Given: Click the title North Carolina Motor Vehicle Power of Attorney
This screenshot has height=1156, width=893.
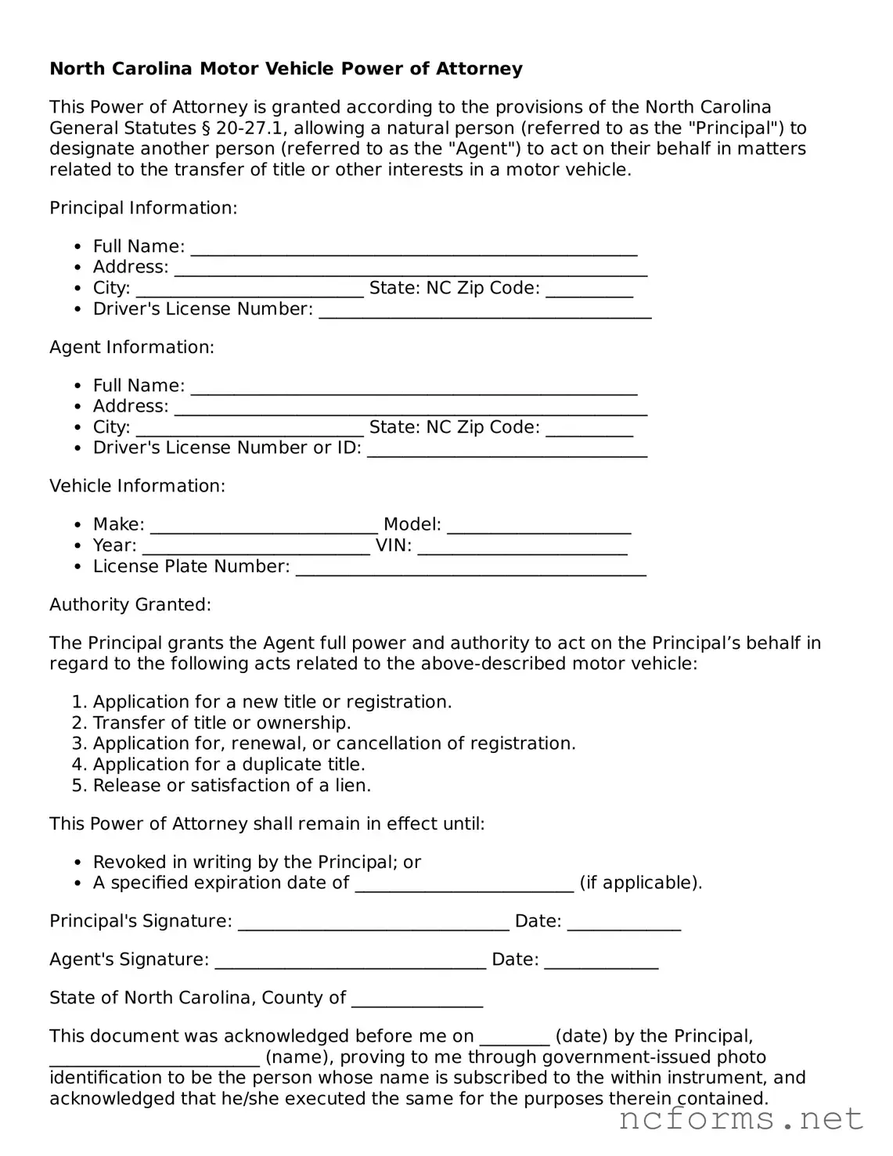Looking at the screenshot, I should coord(286,69).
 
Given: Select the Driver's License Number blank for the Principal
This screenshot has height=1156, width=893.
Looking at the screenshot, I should coord(485,312).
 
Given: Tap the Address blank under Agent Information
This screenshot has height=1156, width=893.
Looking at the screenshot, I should coord(410,409).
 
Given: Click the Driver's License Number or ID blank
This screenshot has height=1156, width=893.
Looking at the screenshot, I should coord(507,450).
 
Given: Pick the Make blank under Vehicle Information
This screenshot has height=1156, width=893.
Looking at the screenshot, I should coord(264,527).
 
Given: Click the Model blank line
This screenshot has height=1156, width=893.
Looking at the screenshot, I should coord(538,527).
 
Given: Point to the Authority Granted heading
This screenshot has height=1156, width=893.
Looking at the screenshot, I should coord(130,604).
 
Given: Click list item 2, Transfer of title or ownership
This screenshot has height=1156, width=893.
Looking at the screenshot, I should coord(221,722).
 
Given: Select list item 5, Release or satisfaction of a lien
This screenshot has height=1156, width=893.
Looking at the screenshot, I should coord(232,785).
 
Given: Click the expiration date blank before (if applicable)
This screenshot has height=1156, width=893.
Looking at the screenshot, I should coord(464,885).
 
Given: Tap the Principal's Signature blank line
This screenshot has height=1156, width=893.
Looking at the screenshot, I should coord(373,924).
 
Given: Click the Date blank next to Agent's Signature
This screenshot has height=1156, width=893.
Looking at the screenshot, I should coord(601,962).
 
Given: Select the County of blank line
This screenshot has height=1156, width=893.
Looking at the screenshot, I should coord(417,1000).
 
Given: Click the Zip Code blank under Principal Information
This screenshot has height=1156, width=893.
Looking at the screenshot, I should coord(589,290).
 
